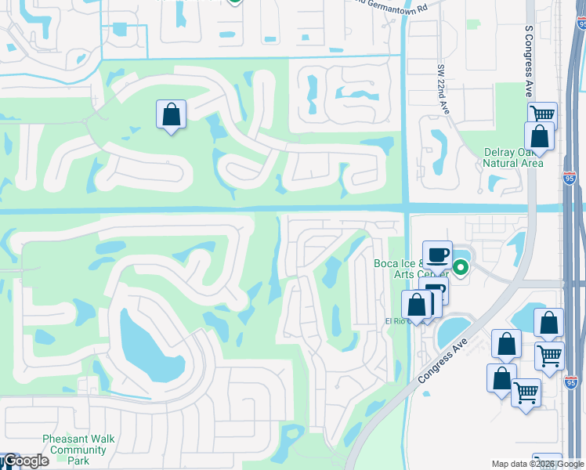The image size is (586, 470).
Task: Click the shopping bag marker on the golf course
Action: coord(171,115)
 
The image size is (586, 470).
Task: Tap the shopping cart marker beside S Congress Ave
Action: coord(542,116)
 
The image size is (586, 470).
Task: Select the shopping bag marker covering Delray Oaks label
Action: coord(540,137)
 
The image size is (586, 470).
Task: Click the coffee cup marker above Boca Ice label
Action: coord(437,255)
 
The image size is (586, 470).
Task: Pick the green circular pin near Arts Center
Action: coord(461,268)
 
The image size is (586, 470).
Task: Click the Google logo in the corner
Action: coord(24,461)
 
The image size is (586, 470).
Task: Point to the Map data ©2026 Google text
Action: coord(537,464)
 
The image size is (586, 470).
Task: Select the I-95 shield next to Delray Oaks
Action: coord(569,179)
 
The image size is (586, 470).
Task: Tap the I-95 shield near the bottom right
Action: coord(570,381)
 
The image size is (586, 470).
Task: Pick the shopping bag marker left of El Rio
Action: coord(416,305)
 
